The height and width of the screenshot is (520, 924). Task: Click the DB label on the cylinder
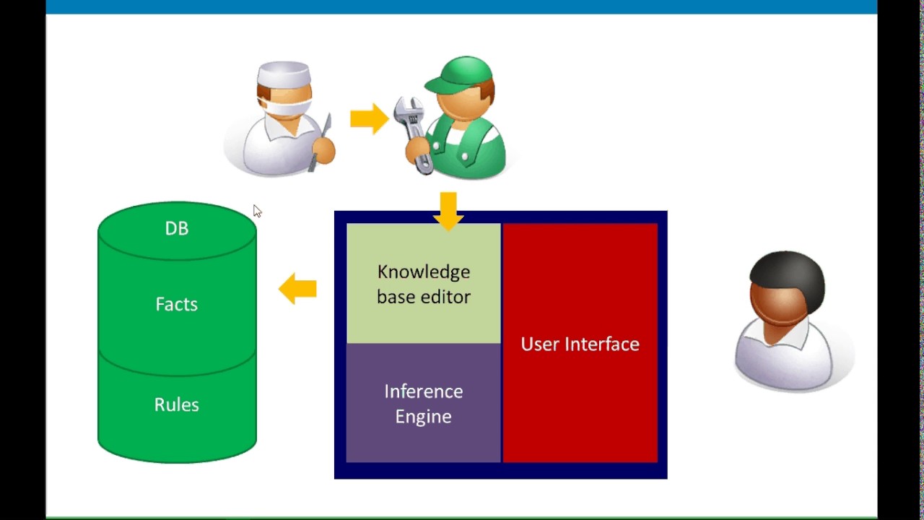177,228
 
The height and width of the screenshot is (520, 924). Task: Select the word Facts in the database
177,304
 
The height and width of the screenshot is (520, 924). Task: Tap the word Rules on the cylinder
177,404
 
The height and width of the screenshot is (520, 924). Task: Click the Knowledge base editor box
424,284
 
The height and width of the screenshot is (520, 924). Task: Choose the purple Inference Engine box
424,403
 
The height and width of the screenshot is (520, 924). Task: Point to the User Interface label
580,344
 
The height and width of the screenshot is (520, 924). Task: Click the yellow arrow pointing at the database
297,289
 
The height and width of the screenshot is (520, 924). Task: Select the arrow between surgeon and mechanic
369,118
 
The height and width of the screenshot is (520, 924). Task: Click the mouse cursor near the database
257,211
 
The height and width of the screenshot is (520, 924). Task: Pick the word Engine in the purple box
423,417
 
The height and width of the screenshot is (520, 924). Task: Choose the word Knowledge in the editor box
424,272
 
